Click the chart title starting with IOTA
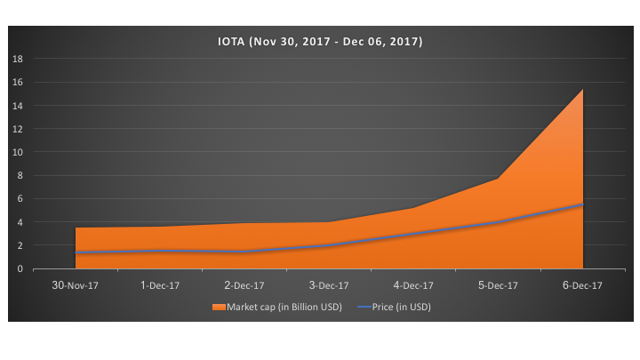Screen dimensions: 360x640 320,41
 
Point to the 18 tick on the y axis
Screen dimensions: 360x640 17,59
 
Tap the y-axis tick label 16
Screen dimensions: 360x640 17,82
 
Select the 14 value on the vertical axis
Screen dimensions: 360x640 17,105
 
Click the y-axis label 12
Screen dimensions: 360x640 17,129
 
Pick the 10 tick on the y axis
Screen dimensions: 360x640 17,152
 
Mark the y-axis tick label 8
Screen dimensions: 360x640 20,175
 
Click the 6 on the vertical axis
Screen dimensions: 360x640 20,199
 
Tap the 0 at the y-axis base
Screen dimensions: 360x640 20,268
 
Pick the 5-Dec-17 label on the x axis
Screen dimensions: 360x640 499,285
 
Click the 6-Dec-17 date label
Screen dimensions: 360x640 583,285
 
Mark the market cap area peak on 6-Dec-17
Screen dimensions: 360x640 582,90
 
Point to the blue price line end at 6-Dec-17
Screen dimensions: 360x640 582,204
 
